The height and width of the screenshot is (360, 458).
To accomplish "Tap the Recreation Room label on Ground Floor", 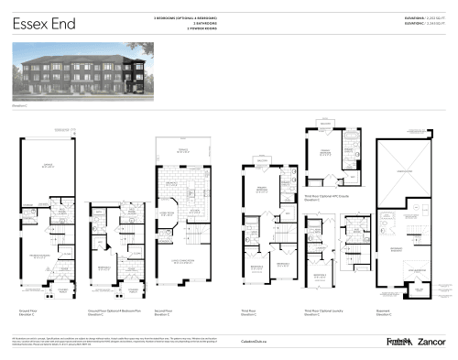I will (x=41, y=256).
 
